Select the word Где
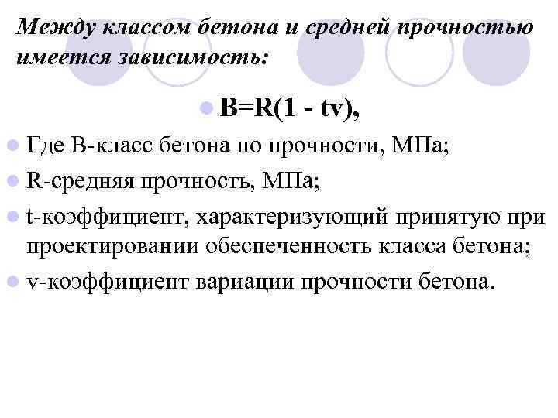[46, 143]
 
